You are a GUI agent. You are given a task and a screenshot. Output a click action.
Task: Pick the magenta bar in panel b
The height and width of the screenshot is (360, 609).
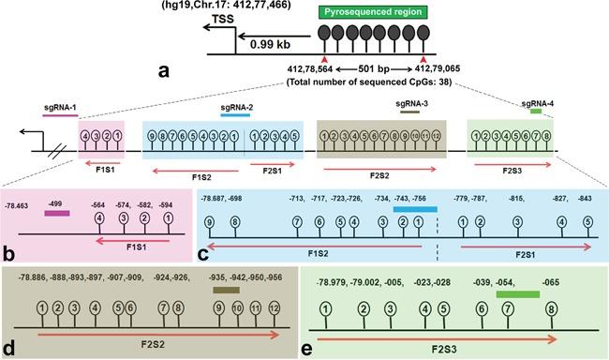click(x=57, y=213)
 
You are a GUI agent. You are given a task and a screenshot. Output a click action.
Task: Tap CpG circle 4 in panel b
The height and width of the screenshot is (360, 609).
click(x=99, y=218)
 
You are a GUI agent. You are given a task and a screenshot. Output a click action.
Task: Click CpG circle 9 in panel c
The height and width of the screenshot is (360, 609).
click(x=210, y=221)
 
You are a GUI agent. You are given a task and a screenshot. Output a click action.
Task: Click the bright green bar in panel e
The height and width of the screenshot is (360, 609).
click(x=517, y=293)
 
